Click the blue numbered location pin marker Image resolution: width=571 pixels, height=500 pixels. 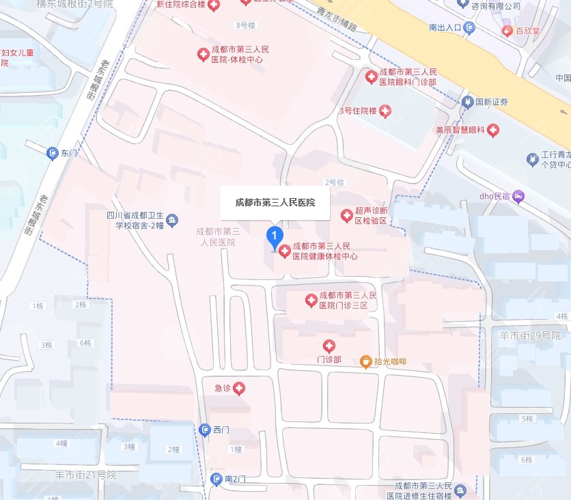pyautogui.click(x=274, y=238)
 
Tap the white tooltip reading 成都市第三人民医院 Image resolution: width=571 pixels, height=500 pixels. pyautogui.click(x=275, y=203)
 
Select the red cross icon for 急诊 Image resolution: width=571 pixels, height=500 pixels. pyautogui.click(x=239, y=389)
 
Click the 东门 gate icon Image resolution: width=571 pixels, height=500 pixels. pyautogui.click(x=52, y=154)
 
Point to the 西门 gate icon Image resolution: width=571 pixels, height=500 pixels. pyautogui.click(x=205, y=429)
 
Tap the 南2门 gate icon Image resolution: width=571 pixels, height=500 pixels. pyautogui.click(x=217, y=480)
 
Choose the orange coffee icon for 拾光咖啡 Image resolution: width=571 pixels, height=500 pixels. pyautogui.click(x=366, y=361)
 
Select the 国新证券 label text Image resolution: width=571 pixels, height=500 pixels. pyautogui.click(x=492, y=102)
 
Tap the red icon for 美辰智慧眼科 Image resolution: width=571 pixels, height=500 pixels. pyautogui.click(x=492, y=129)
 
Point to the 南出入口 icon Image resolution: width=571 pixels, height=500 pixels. pyautogui.click(x=469, y=28)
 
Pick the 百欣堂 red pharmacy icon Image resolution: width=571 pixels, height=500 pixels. pyautogui.click(x=507, y=31)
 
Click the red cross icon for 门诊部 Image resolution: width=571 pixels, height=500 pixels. pyautogui.click(x=329, y=346)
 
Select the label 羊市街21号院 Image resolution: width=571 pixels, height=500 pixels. pyautogui.click(x=87, y=474)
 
